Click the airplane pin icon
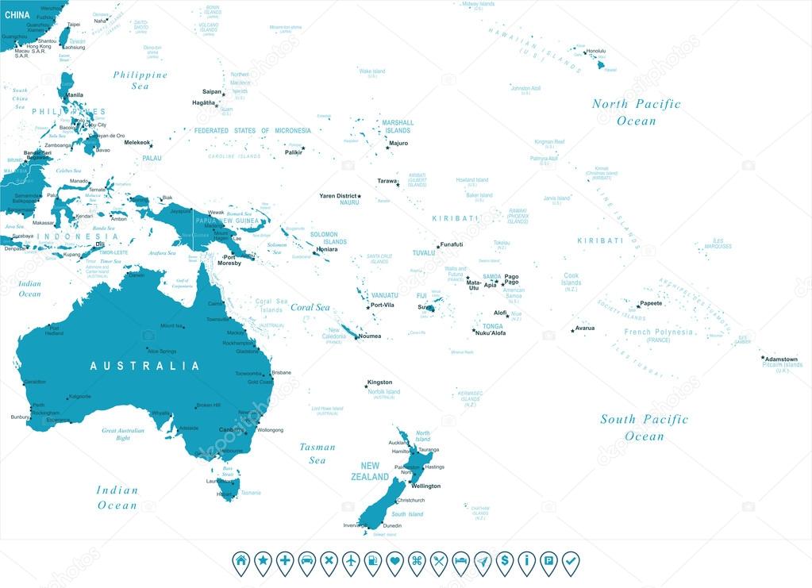pos(351,562)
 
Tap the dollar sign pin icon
pos(504,562)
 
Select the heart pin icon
pos(394,562)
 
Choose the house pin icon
pos(241,562)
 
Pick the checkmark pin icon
pos(570,562)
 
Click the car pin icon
pos(306,562)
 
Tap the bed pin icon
pos(460,562)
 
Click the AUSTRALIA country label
pos(144,366)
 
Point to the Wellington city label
pos(425,486)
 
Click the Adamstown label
pos(782,359)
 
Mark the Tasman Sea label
pos(317,453)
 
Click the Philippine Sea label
pos(140,80)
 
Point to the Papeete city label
pos(651,303)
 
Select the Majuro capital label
pos(398,143)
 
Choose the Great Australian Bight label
pos(123,433)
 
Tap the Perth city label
pos(38,405)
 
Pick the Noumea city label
pos(370,336)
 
